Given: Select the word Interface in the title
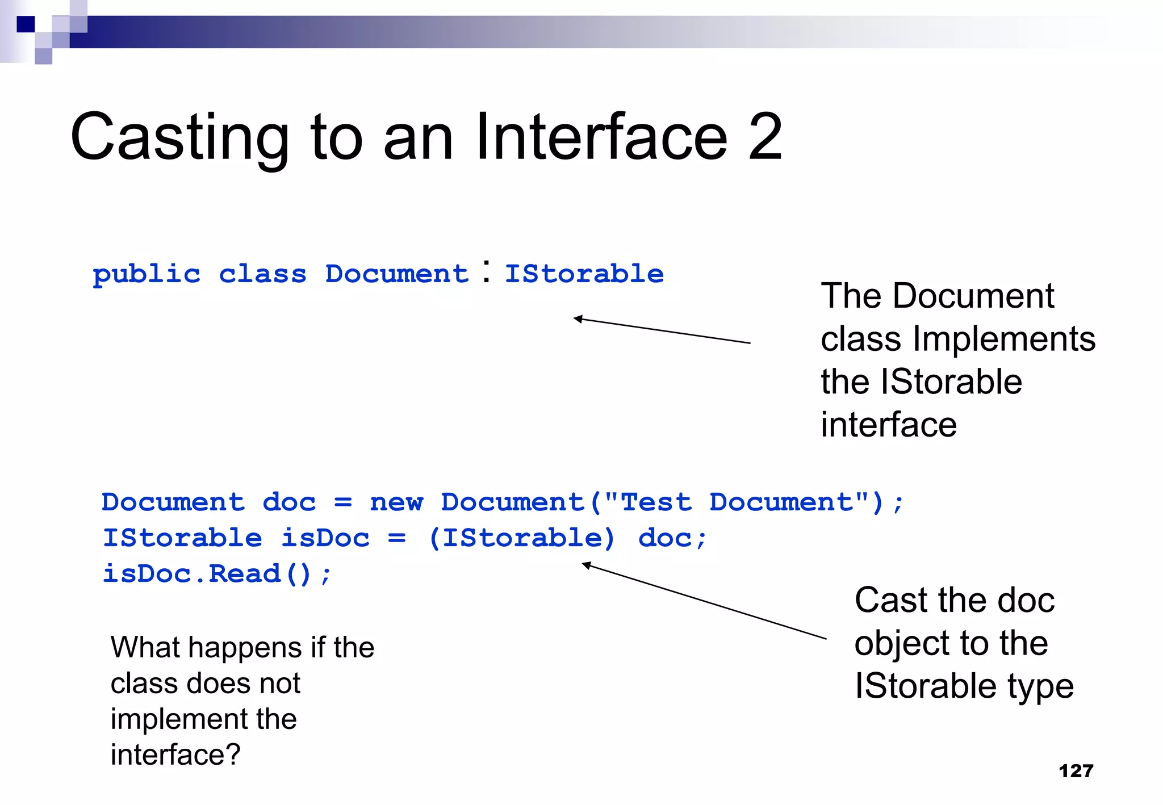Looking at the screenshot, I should click(x=601, y=137).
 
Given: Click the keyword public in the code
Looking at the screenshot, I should click(x=147, y=275).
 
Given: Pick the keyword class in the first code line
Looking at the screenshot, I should click(x=262, y=275).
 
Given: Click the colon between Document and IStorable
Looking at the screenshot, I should click(x=487, y=271).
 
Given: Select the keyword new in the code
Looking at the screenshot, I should click(x=396, y=502).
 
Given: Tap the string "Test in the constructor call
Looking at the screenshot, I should click(x=648, y=502).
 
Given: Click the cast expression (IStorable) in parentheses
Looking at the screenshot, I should click(x=521, y=538).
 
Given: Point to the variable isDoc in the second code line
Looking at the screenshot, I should click(x=325, y=538).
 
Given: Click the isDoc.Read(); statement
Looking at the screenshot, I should click(x=216, y=574).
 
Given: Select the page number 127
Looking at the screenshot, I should click(x=1076, y=771).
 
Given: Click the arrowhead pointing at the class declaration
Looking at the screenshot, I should click(x=578, y=319).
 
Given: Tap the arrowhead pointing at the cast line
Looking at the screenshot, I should click(x=586, y=564).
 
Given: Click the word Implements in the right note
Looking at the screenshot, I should click(x=1003, y=339).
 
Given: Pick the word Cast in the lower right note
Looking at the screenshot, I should click(x=890, y=601).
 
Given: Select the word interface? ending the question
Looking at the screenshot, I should click(x=175, y=755).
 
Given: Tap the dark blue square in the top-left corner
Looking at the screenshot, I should click(x=26, y=24).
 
